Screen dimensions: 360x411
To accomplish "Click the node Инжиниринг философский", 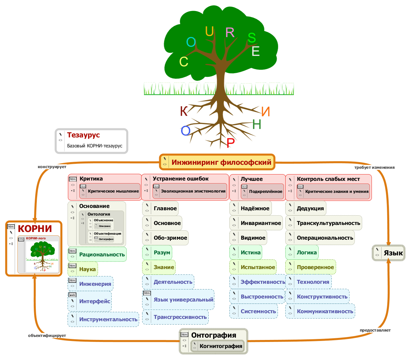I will click(221, 162).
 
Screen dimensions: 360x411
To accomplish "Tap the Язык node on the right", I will click(393, 253).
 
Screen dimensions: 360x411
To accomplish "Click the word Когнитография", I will click(221, 346).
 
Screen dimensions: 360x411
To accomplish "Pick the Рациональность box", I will click(102, 255).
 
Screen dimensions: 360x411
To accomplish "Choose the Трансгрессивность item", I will click(180, 317).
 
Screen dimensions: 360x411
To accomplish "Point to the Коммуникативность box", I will click(325, 311).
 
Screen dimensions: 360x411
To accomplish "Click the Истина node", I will click(250, 253).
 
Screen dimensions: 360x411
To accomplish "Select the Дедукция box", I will click(310, 209).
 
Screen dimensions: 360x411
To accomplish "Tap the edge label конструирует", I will click(52, 167).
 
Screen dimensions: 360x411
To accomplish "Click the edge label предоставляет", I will click(375, 330).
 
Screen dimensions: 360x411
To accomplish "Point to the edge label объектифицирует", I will click(47, 336).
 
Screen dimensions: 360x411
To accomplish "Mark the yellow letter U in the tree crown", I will click(209, 31).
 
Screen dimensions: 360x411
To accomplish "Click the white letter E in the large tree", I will click(256, 51).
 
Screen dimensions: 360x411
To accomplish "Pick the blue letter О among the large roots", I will click(185, 131).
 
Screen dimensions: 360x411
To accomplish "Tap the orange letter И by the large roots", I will click(266, 112).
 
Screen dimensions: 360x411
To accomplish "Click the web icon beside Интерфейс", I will click(72, 295).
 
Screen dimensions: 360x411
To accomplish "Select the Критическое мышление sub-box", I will click(113, 191).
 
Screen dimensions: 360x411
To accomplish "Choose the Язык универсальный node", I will click(183, 299).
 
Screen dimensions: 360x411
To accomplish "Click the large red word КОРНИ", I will click(35, 229).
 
